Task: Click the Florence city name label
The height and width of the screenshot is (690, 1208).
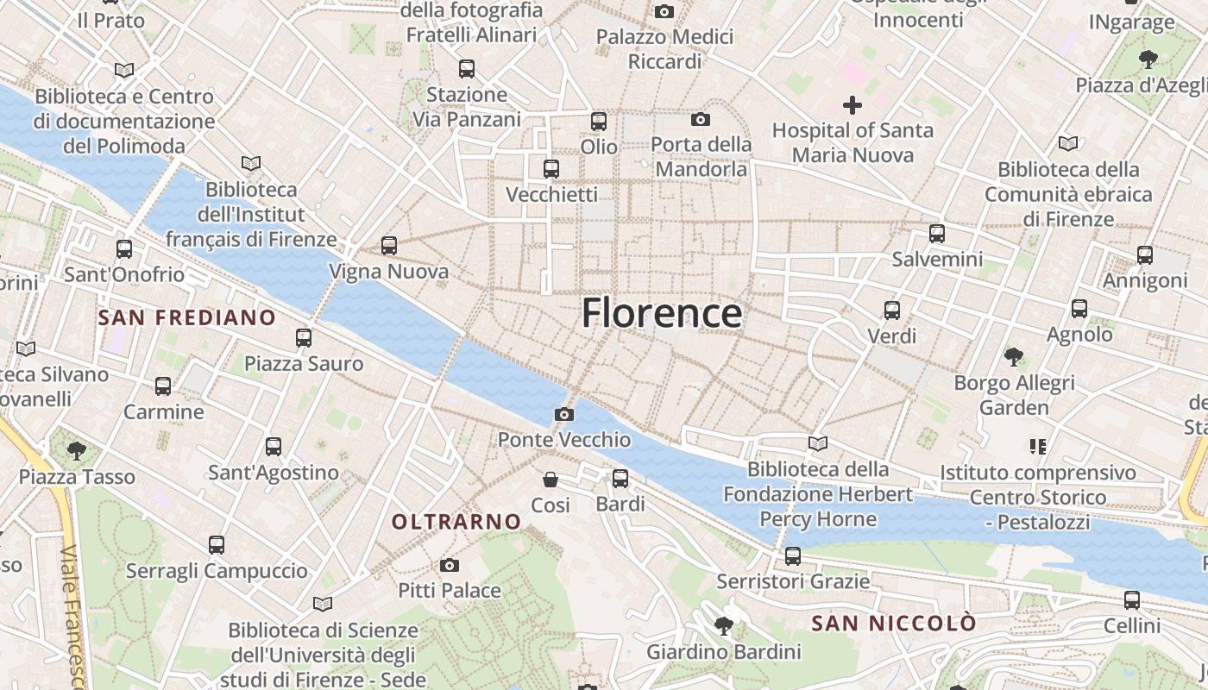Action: click(661, 313)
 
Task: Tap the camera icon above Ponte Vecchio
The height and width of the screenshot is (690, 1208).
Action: click(564, 415)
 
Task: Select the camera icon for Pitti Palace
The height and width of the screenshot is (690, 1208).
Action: click(449, 566)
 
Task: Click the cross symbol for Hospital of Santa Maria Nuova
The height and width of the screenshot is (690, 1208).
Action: click(853, 105)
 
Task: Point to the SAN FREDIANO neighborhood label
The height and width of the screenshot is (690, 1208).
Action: click(186, 317)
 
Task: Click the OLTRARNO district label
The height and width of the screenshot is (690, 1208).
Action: click(456, 522)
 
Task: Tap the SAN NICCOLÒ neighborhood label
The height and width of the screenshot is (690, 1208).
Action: click(894, 623)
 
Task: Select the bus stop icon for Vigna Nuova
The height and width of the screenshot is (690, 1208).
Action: click(389, 246)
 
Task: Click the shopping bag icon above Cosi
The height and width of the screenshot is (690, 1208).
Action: click(551, 480)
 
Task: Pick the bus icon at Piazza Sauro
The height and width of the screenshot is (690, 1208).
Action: click(304, 338)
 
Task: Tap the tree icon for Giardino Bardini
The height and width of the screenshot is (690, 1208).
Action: click(723, 626)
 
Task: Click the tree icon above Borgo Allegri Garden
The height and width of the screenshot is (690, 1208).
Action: click(1014, 356)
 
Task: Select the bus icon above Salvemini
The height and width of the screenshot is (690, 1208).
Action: click(937, 234)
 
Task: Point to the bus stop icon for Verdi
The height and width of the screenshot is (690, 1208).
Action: click(892, 310)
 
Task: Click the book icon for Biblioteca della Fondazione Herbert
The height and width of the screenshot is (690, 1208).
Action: click(817, 444)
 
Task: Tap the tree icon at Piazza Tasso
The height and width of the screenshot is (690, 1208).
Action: click(77, 450)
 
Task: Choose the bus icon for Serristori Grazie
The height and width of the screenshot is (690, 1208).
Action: click(793, 556)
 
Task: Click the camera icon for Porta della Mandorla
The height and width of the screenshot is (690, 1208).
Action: click(701, 119)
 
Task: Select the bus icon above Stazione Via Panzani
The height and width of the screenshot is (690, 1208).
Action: click(467, 69)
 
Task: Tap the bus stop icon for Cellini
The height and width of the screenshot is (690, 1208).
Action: click(1132, 600)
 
